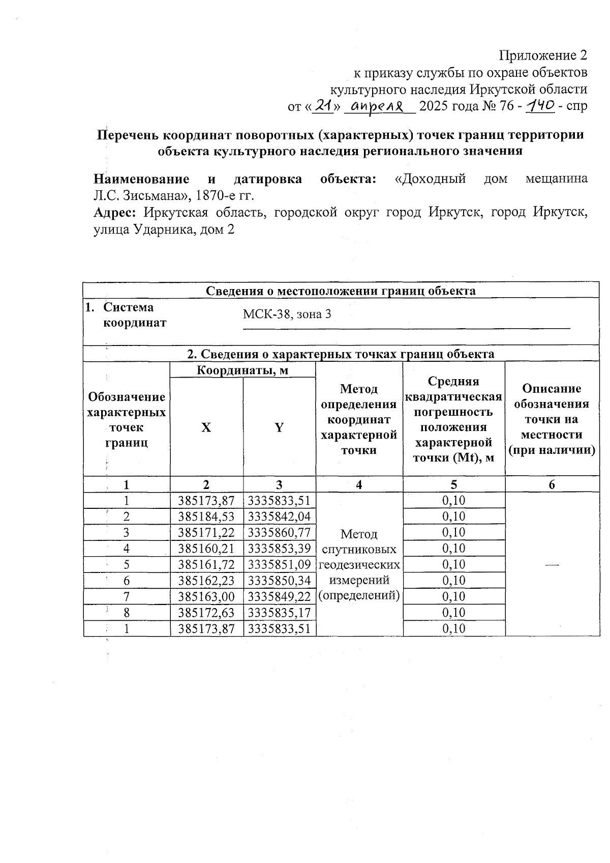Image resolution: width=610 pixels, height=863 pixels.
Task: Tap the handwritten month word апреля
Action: click(377, 106)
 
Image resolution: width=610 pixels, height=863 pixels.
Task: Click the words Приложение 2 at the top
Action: click(543, 55)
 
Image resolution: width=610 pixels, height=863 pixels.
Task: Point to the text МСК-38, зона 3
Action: click(287, 314)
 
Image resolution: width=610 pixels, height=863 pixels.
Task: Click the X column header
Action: click(206, 427)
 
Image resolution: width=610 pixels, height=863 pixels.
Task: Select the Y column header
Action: click(279, 427)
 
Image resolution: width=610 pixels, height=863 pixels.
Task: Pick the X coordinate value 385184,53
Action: click(206, 516)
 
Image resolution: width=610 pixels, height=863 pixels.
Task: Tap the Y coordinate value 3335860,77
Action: click(279, 532)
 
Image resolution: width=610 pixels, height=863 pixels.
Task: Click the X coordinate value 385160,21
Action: click(206, 549)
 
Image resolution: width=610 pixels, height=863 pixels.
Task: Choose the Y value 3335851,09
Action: click(279, 564)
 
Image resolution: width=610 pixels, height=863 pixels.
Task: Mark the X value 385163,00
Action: click(206, 596)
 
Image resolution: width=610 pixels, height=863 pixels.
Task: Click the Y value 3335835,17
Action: click(279, 612)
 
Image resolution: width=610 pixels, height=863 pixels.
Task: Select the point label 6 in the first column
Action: click(127, 581)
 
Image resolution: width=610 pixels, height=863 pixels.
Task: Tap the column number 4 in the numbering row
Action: click(359, 484)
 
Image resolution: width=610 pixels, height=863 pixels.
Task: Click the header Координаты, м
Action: click(242, 370)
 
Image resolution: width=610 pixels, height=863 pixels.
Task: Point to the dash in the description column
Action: click(552, 564)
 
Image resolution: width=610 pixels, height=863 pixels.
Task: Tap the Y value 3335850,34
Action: click(279, 581)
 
